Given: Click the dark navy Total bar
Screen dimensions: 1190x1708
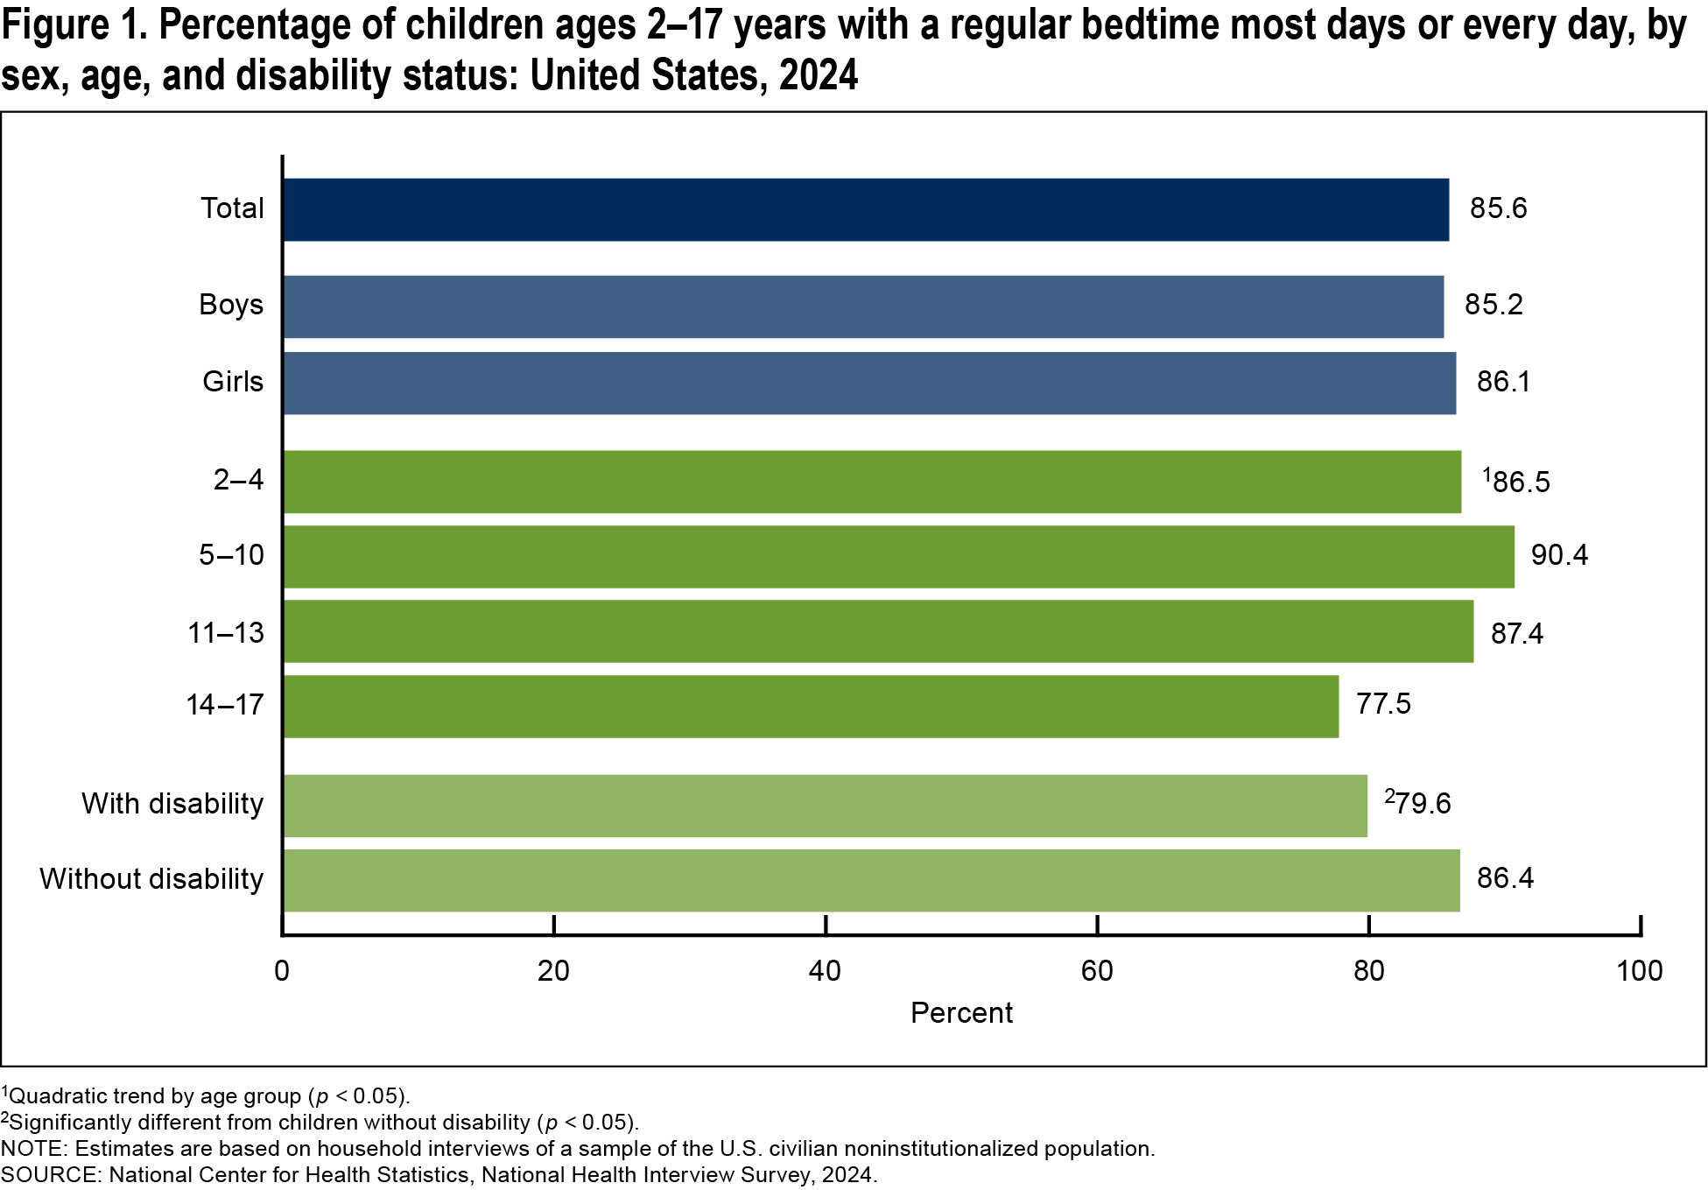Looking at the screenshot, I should [x=865, y=210].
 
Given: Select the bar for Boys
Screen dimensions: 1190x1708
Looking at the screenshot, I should [x=862, y=306].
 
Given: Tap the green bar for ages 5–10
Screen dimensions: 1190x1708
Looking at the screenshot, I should [x=897, y=557].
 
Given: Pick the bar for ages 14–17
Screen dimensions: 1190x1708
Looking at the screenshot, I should [x=810, y=706].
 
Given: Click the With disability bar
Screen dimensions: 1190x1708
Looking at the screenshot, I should [x=825, y=806].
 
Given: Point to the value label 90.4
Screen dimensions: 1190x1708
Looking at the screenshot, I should [x=1558, y=555].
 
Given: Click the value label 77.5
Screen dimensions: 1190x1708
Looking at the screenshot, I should [x=1383, y=704].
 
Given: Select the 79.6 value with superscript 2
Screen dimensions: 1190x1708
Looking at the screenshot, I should [x=1418, y=803].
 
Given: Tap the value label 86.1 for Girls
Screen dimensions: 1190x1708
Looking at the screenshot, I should [x=1503, y=382].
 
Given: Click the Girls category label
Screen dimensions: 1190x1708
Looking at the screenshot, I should [x=233, y=382].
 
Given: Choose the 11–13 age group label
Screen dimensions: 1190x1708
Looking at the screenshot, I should [x=226, y=633].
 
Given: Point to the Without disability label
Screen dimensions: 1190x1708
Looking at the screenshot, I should [x=151, y=879].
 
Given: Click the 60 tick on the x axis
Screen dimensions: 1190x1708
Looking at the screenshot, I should [x=1096, y=970].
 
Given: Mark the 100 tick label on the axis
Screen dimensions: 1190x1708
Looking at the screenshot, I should [x=1639, y=970].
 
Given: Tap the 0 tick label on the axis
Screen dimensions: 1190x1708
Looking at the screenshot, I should [x=282, y=970].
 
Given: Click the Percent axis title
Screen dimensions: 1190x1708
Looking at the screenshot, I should [x=961, y=1013].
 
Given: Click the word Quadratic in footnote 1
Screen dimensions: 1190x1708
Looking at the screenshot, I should [x=58, y=1096].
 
